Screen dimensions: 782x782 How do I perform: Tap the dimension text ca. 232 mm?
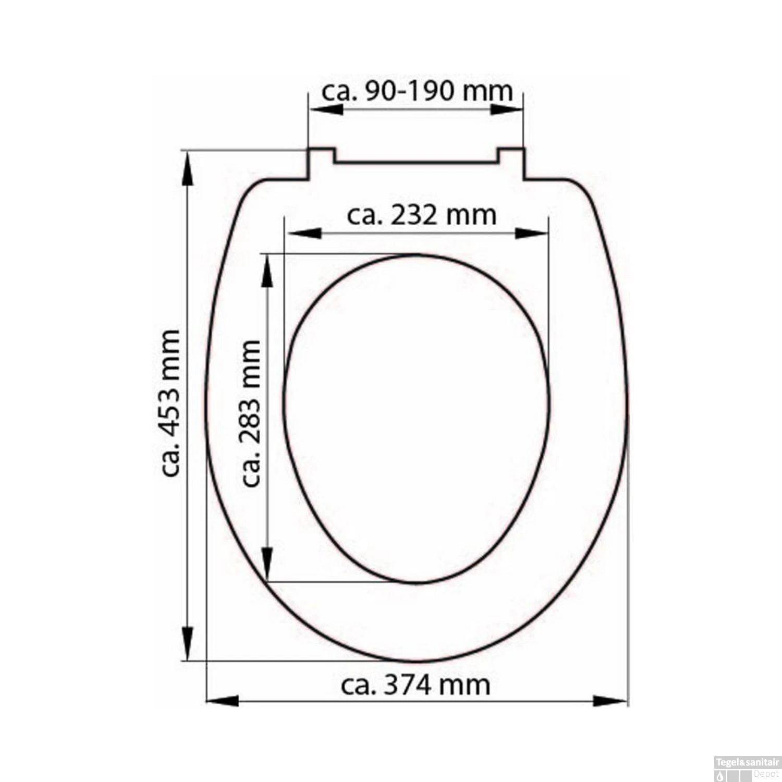421,215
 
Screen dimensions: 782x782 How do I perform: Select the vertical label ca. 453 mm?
170,403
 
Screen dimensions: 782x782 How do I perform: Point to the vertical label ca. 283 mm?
251,413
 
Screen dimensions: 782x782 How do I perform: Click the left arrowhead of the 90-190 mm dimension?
326,110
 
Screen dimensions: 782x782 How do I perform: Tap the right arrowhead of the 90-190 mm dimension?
506,110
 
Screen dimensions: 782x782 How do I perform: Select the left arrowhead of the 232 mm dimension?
305,233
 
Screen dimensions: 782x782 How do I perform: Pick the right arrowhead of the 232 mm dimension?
531,233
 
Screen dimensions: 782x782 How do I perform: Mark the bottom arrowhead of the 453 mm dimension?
187,642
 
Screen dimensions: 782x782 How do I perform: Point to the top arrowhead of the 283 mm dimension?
267,272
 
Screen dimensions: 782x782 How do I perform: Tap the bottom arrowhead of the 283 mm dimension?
267,563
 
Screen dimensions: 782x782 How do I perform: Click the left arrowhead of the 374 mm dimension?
223,701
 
